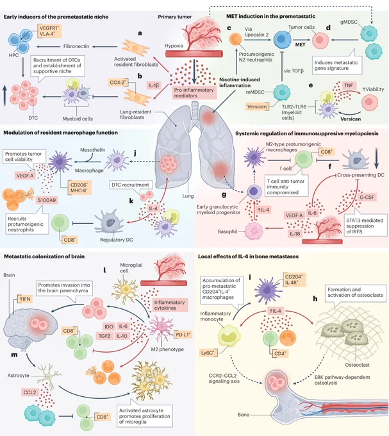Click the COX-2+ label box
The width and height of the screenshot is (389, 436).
(118, 83)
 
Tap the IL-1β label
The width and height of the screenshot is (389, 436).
(154, 85)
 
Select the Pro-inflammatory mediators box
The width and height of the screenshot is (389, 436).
(194, 92)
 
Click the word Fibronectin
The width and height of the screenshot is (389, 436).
(76, 46)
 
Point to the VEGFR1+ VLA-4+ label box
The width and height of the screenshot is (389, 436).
(49, 31)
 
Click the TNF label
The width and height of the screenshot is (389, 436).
(349, 85)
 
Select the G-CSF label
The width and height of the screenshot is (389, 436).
(367, 197)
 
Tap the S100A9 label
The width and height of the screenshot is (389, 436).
(47, 200)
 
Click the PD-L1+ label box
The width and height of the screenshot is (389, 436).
(183, 335)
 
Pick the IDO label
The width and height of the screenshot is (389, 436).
(109, 327)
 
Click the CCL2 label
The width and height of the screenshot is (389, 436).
(29, 392)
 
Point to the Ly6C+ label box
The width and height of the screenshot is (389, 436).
(208, 353)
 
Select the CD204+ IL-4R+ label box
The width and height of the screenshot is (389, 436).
(295, 280)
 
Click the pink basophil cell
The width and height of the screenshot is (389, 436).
(254, 231)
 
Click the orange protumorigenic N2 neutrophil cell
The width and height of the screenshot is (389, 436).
(236, 39)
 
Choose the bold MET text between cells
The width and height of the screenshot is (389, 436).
(300, 44)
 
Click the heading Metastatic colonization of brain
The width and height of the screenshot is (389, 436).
(44, 256)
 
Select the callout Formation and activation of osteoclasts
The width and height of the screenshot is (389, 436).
(355, 292)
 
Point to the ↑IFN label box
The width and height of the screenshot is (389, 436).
(24, 299)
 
